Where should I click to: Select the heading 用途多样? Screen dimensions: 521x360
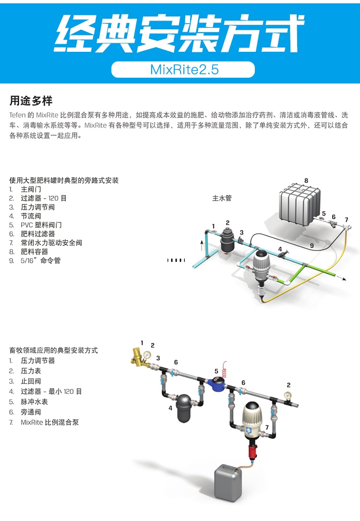(x=31, y=101)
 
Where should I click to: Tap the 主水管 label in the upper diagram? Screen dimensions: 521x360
(x=222, y=198)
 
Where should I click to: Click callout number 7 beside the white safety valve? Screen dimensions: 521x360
(x=346, y=220)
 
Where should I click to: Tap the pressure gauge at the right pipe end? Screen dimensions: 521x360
(x=287, y=397)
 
